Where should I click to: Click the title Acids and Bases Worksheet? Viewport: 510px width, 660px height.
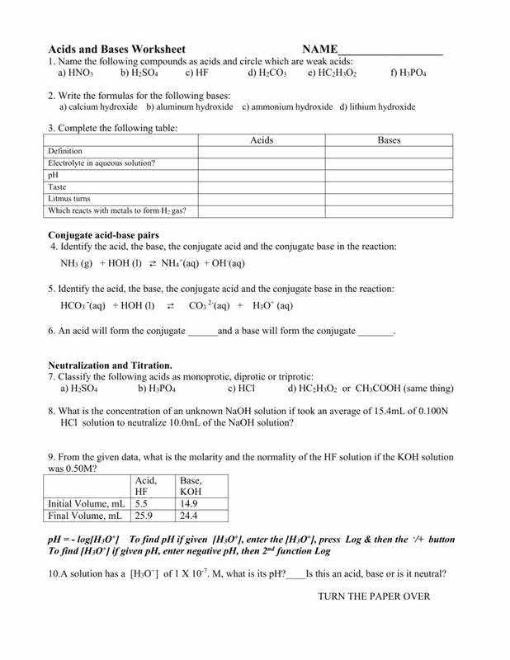pos(116,49)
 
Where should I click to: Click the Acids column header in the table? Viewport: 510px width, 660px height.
pos(261,140)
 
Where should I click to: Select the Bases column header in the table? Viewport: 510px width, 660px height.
pos(389,140)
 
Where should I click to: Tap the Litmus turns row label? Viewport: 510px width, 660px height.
pos(69,199)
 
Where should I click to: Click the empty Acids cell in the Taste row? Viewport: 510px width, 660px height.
pos(261,187)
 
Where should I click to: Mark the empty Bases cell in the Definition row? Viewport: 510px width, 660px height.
pos(389,152)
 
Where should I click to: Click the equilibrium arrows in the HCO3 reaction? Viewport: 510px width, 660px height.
pos(171,305)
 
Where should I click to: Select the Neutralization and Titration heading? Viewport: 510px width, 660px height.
pos(110,365)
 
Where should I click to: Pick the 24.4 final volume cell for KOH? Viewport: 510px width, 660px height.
pos(189,516)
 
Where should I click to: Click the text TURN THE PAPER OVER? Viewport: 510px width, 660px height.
pos(374,596)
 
